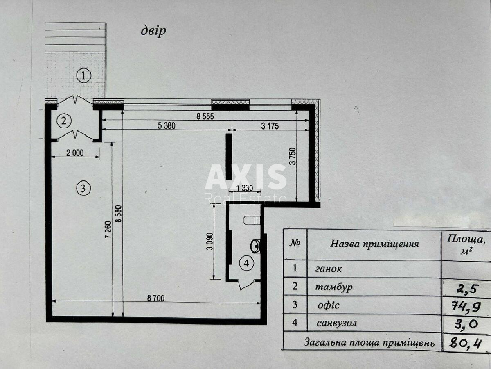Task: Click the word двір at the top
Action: pos(153,31)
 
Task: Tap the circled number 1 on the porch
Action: pos(83,76)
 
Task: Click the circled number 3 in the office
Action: pos(83,188)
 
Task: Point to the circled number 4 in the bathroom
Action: pos(246,264)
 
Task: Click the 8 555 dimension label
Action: pos(205,116)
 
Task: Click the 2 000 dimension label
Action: pos(74,153)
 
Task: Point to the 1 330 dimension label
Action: pos(244,189)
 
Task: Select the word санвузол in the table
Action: pos(336,323)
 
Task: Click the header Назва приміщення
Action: pos(374,244)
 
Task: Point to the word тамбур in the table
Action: pos(333,287)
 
